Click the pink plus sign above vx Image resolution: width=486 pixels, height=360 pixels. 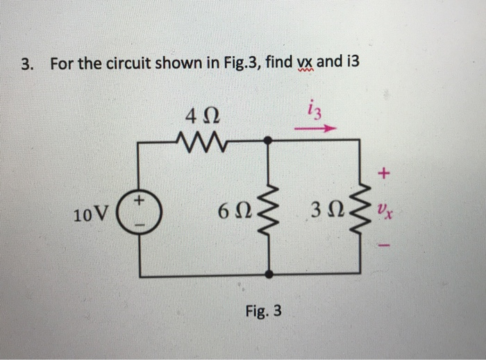(x=385, y=171)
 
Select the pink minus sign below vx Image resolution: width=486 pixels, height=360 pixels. (x=385, y=245)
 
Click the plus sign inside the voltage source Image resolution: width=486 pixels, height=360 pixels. (x=140, y=201)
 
